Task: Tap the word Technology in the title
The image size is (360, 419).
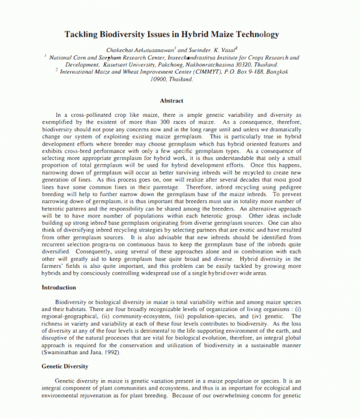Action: coord(259,35)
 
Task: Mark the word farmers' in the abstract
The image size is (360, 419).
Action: coord(54,266)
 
